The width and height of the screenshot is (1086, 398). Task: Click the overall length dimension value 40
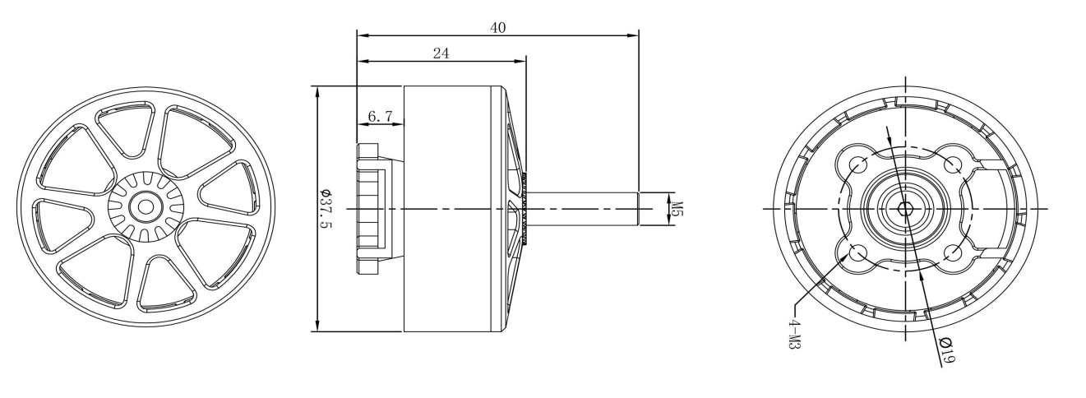point(497,27)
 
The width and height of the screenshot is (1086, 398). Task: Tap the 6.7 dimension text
point(379,117)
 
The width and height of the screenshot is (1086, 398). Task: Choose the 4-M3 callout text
point(794,333)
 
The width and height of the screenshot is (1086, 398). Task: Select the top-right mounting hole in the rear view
point(953,164)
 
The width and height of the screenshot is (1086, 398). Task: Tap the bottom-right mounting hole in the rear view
point(953,253)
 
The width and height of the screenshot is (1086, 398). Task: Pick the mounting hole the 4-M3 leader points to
point(857,253)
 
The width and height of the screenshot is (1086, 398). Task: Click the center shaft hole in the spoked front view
point(146,205)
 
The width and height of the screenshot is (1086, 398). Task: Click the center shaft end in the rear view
point(905,209)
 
